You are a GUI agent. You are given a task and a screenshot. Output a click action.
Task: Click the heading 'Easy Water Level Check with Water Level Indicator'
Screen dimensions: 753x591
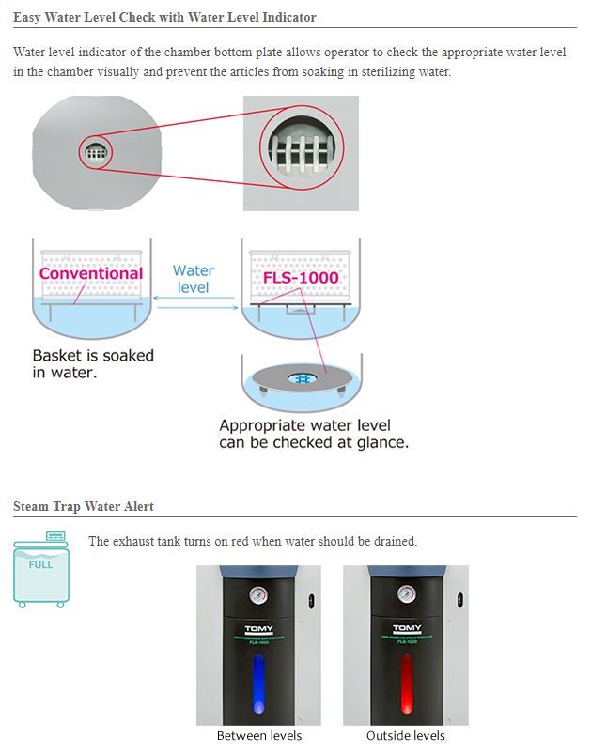coord(164,18)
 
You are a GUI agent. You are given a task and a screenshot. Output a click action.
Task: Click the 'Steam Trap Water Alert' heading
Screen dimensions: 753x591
coord(84,507)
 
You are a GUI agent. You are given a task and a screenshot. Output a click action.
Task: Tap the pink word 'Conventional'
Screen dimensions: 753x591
coord(91,274)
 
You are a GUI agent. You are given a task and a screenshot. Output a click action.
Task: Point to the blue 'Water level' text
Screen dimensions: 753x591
coord(194,279)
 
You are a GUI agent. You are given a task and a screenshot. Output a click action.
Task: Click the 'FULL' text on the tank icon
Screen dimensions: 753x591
coord(41,565)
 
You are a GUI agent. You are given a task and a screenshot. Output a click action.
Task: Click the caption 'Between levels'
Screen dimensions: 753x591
coord(259,735)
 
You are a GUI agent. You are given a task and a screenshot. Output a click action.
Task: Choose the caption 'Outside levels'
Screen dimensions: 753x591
coord(406,735)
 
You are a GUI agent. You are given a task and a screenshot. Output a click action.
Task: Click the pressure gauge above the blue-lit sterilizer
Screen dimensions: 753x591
coord(258,594)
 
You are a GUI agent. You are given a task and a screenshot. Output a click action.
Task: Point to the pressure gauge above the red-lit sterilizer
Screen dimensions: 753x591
coord(406,594)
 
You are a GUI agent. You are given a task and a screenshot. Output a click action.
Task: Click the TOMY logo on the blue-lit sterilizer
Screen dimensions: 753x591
coord(258,628)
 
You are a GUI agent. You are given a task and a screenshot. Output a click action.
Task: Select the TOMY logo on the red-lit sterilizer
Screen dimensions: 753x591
coord(406,628)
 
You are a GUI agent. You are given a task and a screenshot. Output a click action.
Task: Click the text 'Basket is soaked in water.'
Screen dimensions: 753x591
coord(93,364)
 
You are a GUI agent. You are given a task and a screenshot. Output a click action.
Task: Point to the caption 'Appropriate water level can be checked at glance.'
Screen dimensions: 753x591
coord(314,433)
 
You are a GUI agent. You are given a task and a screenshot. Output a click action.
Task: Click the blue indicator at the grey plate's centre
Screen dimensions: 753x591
coord(303,378)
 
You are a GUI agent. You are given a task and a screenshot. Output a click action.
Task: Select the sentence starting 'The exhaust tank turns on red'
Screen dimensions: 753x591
coord(253,542)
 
